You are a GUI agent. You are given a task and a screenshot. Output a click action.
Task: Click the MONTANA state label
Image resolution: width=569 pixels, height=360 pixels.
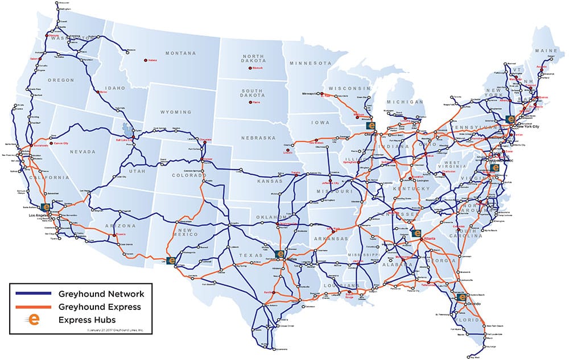point(180,53)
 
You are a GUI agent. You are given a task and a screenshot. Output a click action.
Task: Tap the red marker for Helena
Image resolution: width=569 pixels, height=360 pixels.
point(145,60)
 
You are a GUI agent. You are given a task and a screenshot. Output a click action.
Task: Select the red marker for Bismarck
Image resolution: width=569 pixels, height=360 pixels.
point(249,69)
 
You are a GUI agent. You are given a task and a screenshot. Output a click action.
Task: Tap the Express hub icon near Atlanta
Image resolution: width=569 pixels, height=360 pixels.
point(415,233)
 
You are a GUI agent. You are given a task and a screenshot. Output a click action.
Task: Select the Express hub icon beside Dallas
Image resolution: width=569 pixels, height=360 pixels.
point(279,254)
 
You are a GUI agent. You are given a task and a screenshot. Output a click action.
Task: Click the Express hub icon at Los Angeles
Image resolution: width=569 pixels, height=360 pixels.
point(44,208)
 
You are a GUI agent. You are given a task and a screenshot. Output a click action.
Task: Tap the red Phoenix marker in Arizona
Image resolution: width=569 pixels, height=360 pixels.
point(119,234)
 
